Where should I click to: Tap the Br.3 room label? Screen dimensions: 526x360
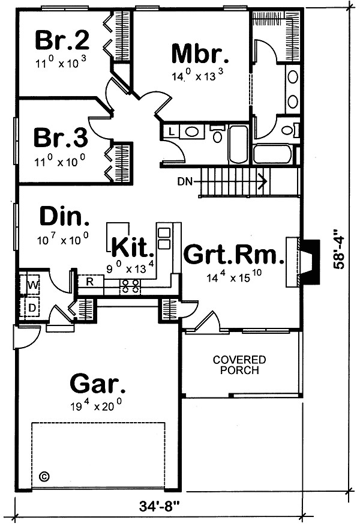coord(61,137)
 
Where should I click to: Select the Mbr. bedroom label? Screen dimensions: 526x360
coord(200,53)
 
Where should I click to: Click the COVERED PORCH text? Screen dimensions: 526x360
coord(239,364)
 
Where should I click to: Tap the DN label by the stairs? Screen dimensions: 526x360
coord(185,180)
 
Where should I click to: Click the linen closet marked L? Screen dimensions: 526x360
coord(171,131)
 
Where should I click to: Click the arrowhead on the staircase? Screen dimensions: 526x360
coord(262,179)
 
